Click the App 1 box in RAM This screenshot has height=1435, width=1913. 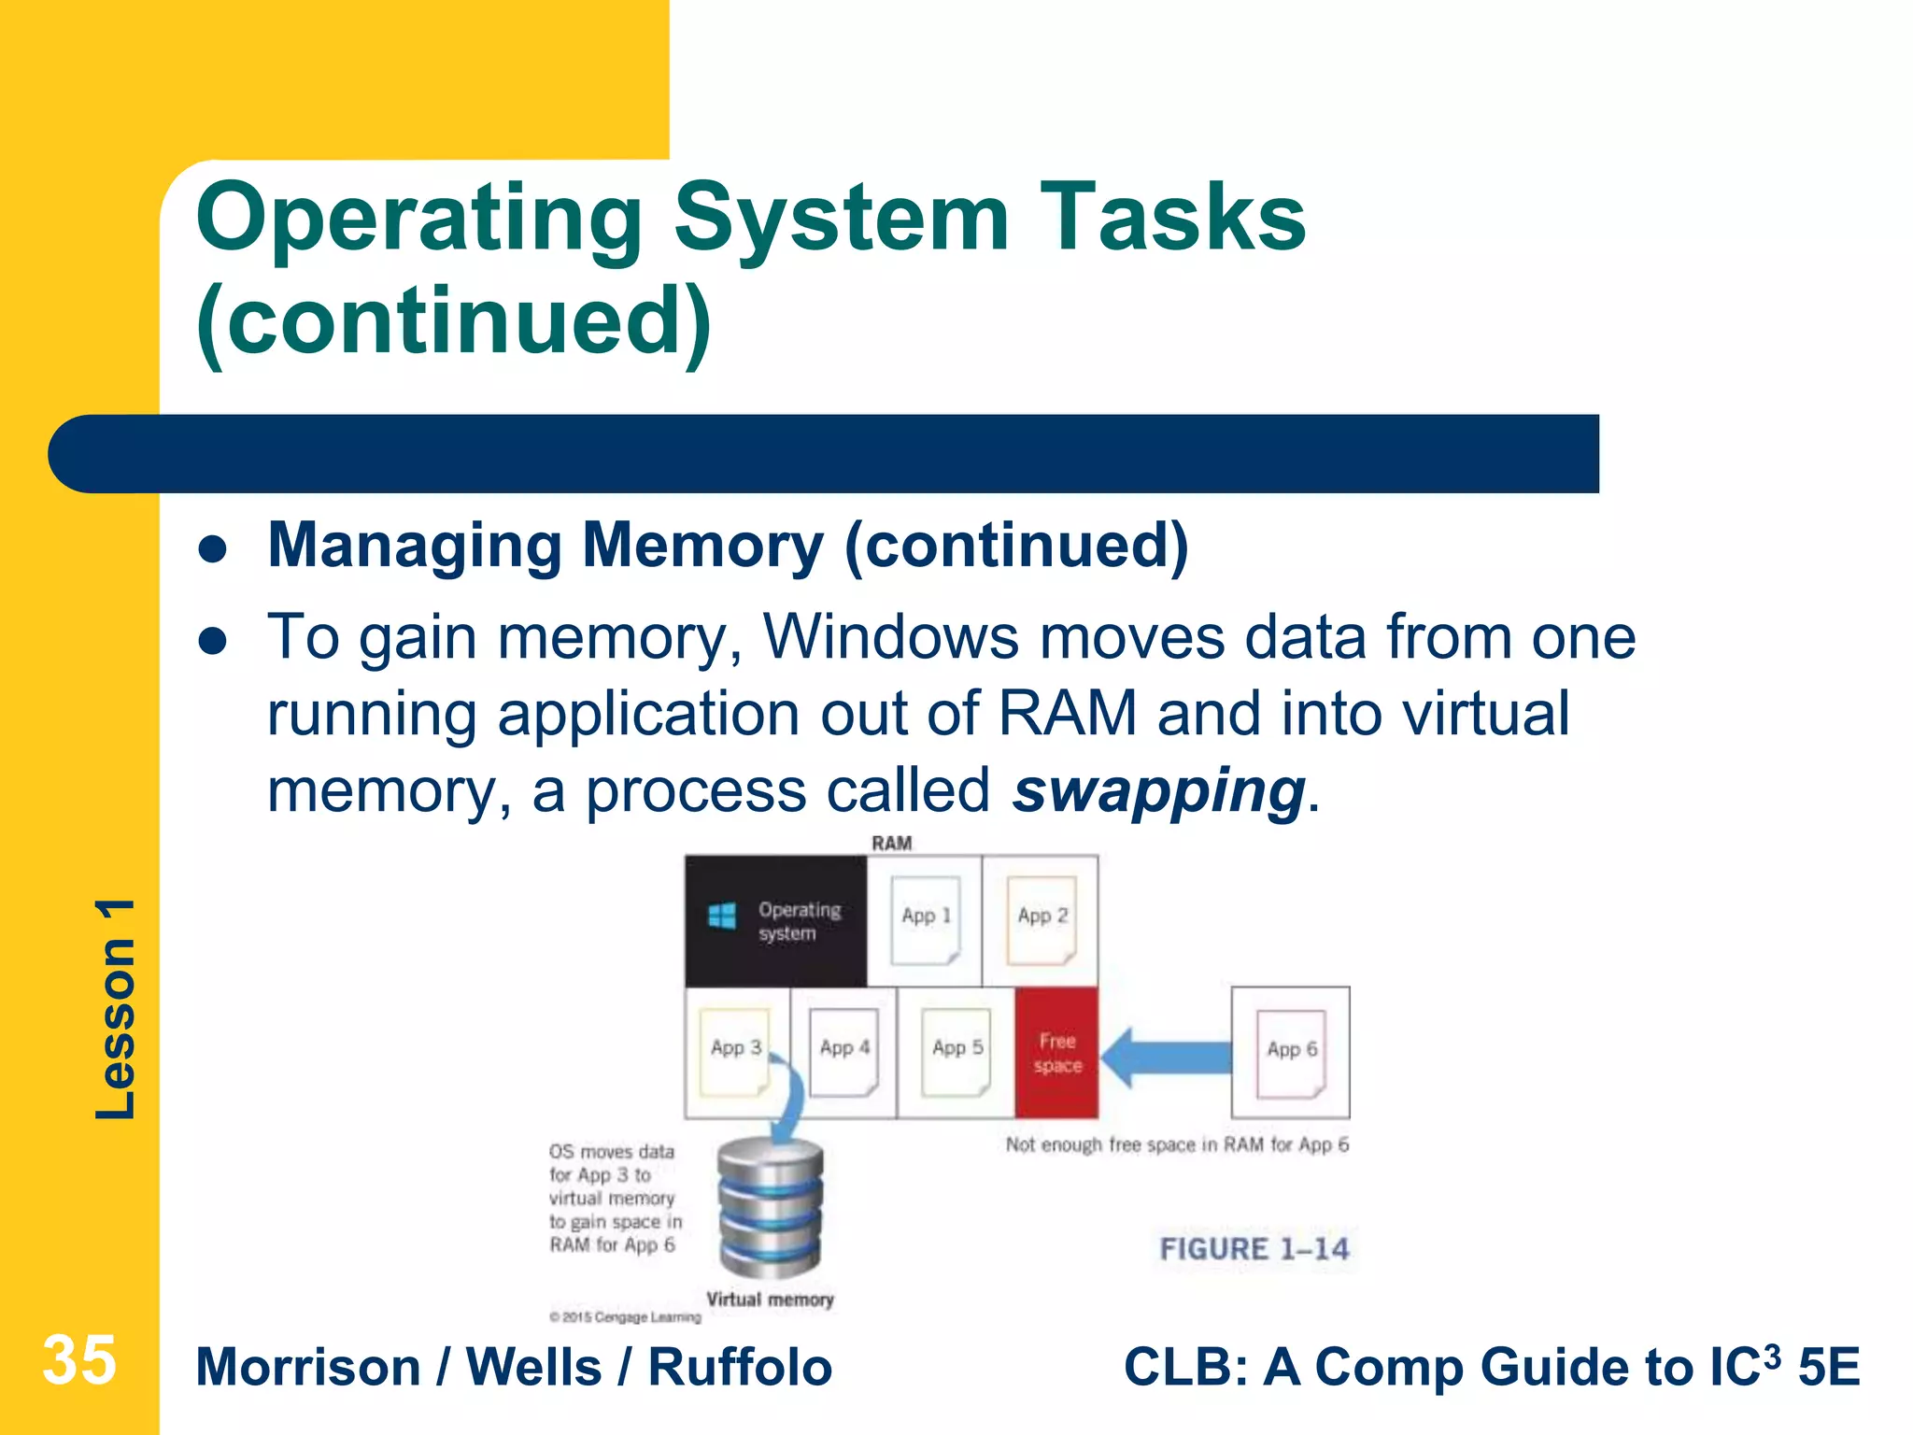925,919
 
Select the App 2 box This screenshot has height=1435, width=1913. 1041,919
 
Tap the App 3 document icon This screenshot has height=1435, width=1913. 735,1050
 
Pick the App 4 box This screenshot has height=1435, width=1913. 844,1050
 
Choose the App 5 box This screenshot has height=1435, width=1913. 956,1050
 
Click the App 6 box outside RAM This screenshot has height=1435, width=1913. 1290,1052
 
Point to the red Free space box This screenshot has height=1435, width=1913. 1056,1053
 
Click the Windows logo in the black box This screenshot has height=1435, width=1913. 721,916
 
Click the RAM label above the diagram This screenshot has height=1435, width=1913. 891,843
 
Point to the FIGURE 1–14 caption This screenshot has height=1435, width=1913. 1254,1249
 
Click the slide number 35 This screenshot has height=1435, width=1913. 79,1360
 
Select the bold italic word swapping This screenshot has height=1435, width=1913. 1158,790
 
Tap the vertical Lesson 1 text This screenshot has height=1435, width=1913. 116,1009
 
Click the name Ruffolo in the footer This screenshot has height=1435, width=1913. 740,1368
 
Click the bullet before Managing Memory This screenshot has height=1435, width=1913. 214,548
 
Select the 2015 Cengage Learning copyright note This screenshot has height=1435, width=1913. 625,1317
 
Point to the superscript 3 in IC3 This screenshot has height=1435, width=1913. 1771,1354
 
